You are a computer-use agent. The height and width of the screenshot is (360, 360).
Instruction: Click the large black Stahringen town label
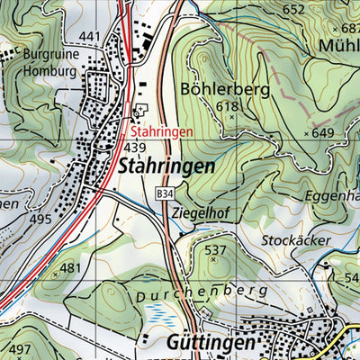(x=166, y=166)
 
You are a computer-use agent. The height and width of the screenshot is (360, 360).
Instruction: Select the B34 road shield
(x=163, y=193)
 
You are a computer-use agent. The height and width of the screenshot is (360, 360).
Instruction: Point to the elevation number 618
(x=229, y=107)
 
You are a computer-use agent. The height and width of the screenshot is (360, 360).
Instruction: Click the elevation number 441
(x=90, y=36)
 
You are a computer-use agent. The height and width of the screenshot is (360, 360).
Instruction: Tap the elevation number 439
(x=135, y=147)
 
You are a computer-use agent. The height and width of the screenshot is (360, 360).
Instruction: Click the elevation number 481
(x=70, y=267)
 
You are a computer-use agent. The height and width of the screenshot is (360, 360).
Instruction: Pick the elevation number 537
(x=215, y=249)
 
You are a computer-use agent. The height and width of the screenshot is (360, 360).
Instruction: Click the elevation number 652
(x=293, y=10)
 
